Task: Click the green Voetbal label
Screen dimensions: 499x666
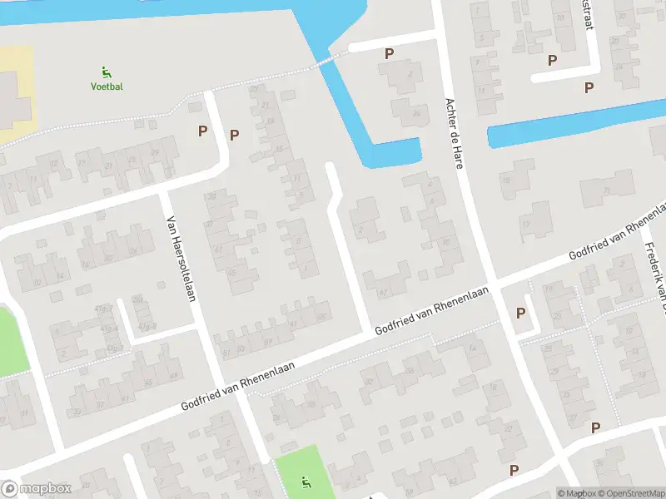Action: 107,86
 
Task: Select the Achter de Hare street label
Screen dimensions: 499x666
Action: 454,132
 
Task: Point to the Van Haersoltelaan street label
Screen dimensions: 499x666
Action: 181,259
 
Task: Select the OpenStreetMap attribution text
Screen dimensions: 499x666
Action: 629,493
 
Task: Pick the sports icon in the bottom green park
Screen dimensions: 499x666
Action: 306,481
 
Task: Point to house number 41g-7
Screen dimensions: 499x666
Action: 103,309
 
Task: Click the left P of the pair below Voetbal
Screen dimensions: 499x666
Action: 202,131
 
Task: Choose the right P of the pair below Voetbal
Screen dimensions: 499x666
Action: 235,135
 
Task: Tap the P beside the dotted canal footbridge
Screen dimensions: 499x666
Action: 389,53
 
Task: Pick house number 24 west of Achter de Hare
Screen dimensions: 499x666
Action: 414,114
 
